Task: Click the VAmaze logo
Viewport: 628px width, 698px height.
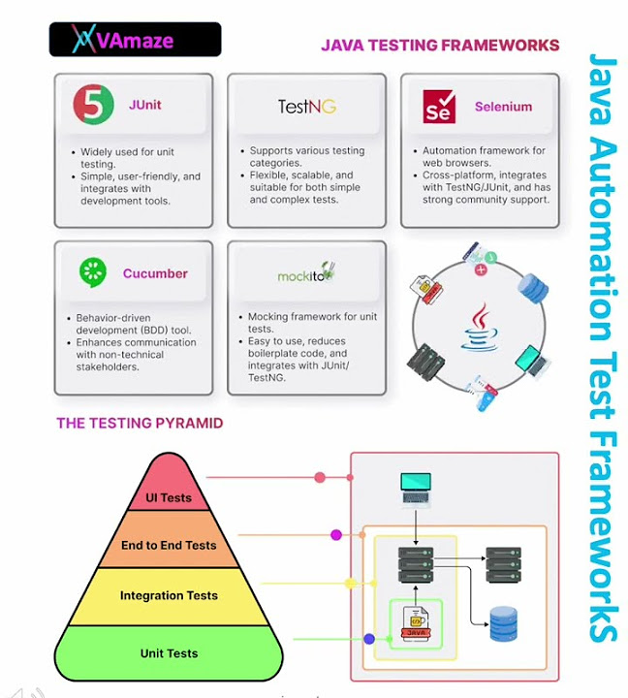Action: [135, 39]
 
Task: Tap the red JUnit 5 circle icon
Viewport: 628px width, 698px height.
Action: [92, 104]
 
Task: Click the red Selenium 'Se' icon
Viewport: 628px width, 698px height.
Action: [439, 107]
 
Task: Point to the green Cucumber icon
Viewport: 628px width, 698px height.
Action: [93, 272]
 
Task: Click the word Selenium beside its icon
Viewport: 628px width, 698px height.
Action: [503, 107]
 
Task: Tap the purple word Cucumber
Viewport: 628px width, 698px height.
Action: [155, 273]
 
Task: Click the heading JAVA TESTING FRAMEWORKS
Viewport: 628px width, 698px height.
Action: [440, 45]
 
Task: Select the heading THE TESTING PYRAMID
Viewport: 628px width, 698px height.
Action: [140, 423]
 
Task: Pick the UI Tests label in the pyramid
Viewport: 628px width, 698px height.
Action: [169, 498]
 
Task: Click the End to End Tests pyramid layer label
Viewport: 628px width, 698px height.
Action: [169, 546]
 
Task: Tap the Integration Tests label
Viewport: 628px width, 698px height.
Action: [169, 596]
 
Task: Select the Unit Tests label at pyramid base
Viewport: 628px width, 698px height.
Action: [169, 653]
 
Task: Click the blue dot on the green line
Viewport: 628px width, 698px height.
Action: [368, 639]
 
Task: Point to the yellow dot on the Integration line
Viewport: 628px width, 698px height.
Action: [351, 584]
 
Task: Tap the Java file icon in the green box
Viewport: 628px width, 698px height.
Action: [415, 624]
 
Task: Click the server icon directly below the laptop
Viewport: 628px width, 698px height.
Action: [416, 564]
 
